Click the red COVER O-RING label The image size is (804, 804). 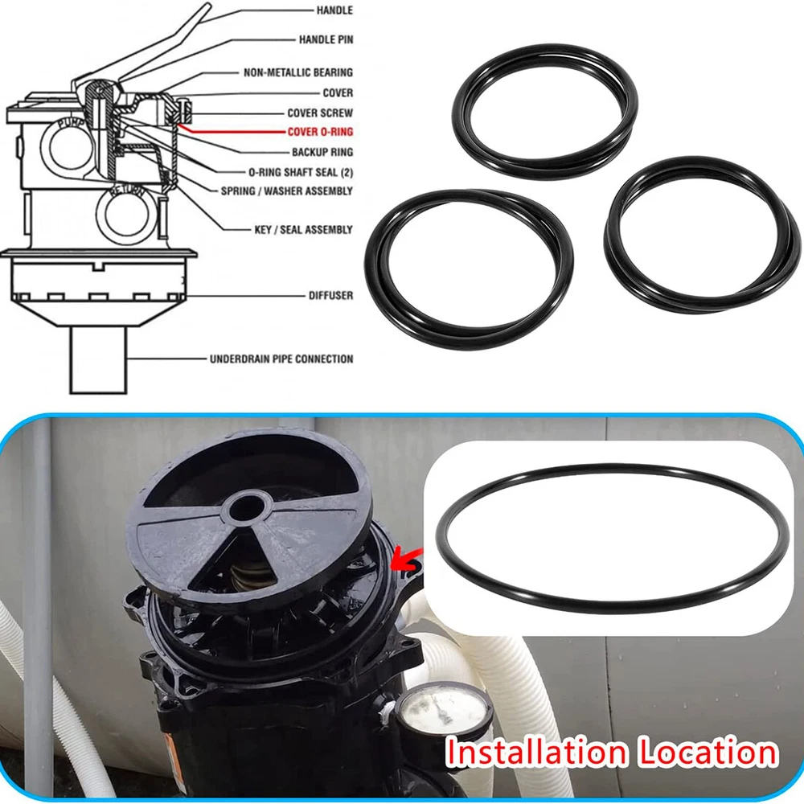pyautogui.click(x=320, y=132)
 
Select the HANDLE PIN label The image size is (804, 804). pyautogui.click(x=326, y=39)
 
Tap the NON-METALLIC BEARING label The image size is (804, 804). pyautogui.click(x=298, y=72)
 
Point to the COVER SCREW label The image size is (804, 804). pyautogui.click(x=320, y=113)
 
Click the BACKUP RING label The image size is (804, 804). pyautogui.click(x=322, y=152)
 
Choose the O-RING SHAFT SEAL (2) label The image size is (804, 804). pyautogui.click(x=301, y=172)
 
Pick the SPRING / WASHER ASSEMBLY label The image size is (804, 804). pyautogui.click(x=287, y=191)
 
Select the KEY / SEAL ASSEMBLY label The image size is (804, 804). pyautogui.click(x=304, y=229)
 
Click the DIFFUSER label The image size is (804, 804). pyautogui.click(x=330, y=295)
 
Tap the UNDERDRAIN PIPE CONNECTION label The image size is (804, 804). pyautogui.click(x=281, y=359)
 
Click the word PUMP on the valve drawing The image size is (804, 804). pyautogui.click(x=68, y=124)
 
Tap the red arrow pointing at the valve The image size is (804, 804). pyautogui.click(x=406, y=560)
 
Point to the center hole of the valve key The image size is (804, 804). pyautogui.click(x=247, y=509)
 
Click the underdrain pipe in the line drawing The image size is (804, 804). pyautogui.click(x=98, y=360)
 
